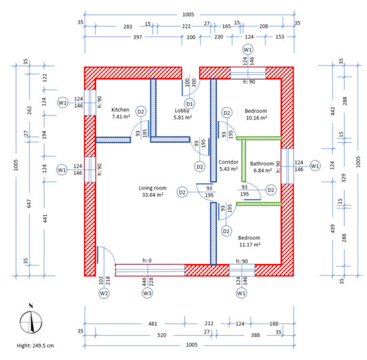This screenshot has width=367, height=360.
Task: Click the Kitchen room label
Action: click(x=120, y=110)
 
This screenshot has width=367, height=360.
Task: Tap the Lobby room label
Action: click(x=182, y=111)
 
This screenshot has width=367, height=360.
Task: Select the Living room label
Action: click(x=153, y=188)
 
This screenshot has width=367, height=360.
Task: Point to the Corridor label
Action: click(x=228, y=162)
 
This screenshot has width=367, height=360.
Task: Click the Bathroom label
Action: click(x=262, y=164)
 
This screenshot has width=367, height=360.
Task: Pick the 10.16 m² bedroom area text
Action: click(x=256, y=118)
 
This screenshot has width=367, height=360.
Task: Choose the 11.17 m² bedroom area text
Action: click(x=250, y=244)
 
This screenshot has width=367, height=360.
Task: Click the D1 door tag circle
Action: click(x=190, y=104)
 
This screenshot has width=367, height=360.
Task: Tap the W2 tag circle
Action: click(x=104, y=293)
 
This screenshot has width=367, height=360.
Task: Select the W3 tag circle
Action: click(x=147, y=293)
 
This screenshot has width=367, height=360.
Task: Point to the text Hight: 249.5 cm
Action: click(x=35, y=345)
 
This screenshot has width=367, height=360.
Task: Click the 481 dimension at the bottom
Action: click(x=153, y=324)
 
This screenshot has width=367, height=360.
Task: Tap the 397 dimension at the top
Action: click(x=137, y=37)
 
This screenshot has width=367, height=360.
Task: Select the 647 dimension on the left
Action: click(x=29, y=203)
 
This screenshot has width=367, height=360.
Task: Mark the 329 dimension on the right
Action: click(x=344, y=178)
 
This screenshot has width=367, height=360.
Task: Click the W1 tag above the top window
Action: click(x=248, y=49)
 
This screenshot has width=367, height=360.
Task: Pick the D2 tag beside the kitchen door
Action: click(x=141, y=112)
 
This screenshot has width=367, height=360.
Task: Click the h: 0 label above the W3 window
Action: click(x=147, y=260)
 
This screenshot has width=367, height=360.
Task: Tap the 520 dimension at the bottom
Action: click(x=161, y=335)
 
